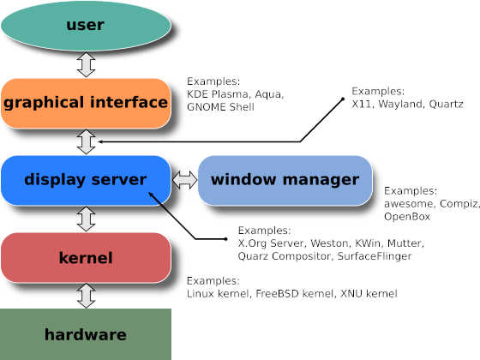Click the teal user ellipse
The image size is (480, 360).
[x=86, y=26]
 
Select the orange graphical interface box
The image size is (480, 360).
[x=86, y=104]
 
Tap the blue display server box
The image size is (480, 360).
[x=86, y=181]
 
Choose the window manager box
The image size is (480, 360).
[x=285, y=181]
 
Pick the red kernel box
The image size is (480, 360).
[x=86, y=258]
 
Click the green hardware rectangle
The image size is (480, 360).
[x=86, y=334]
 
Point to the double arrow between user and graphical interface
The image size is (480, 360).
[x=86, y=64]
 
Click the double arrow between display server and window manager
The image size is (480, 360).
[x=184, y=180]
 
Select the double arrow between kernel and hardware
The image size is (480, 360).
[x=86, y=296]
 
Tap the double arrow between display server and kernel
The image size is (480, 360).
[x=86, y=219]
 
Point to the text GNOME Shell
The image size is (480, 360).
[x=220, y=107]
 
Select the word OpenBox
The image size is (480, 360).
[x=407, y=216]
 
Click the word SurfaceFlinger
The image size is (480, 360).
[x=375, y=256]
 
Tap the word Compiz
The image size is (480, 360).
[x=459, y=204]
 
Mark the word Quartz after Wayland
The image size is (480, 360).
[x=446, y=104]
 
